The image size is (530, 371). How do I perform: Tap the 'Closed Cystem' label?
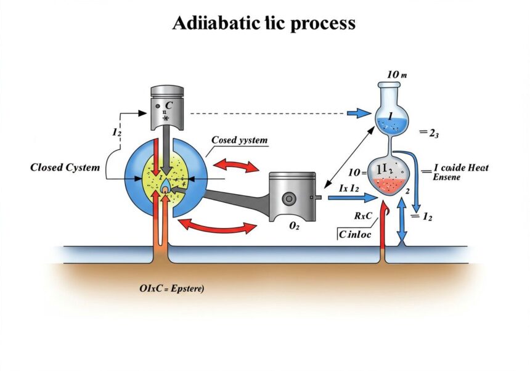tap(65, 168)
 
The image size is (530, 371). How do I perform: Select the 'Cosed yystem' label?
tap(240, 141)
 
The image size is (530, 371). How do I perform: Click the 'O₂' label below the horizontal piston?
tap(293, 227)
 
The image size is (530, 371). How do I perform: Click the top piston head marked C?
tap(168, 105)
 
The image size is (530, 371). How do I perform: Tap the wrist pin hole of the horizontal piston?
tap(290, 200)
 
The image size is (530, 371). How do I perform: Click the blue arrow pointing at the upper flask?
tap(357, 113)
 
